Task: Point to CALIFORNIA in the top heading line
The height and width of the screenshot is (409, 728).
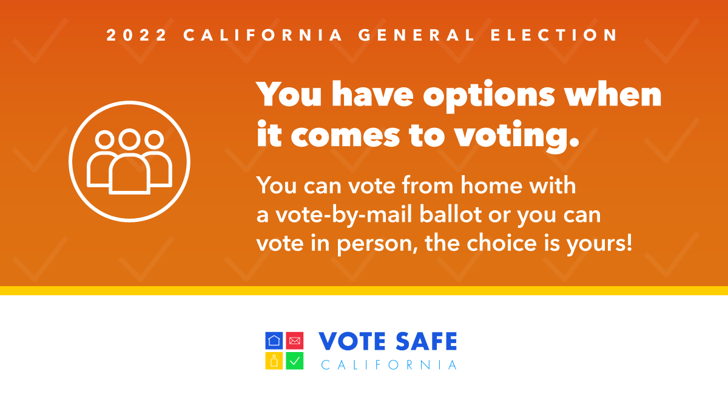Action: tap(263, 35)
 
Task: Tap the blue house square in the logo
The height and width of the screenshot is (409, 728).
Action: tap(274, 341)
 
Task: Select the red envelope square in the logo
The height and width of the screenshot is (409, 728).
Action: tap(294, 341)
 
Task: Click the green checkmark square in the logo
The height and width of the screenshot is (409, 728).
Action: tap(294, 361)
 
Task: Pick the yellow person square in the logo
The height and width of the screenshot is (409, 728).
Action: tap(274, 361)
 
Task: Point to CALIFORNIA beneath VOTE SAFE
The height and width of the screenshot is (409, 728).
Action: tap(389, 365)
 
